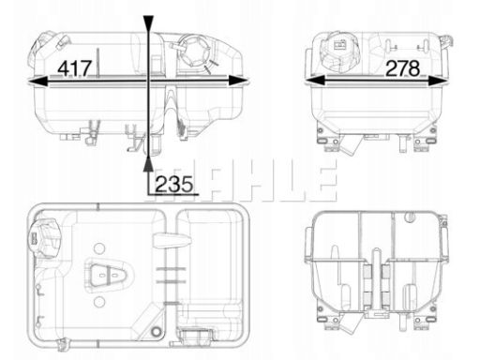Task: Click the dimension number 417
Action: [x=75, y=68]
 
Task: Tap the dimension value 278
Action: [x=403, y=68]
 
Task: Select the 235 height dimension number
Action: [x=173, y=184]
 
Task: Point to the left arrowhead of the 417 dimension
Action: [x=38, y=82]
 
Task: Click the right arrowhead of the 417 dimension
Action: [x=238, y=82]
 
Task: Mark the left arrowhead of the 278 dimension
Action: [x=314, y=82]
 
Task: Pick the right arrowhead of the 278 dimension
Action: [x=438, y=82]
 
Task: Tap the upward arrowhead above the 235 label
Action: [x=148, y=164]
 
